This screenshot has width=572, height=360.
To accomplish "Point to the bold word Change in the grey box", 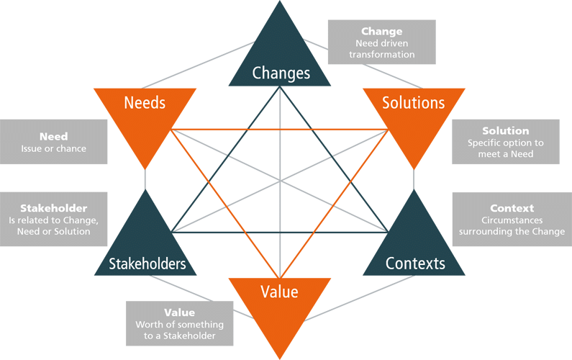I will [x=381, y=32].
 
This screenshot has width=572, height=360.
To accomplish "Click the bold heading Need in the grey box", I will [x=54, y=137].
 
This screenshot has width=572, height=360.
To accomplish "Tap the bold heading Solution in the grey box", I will [x=506, y=131].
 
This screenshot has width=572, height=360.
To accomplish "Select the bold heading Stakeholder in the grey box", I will [x=54, y=208].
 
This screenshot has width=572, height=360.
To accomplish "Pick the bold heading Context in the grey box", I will [x=512, y=208].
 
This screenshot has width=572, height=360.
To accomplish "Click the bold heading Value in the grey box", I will [x=179, y=312].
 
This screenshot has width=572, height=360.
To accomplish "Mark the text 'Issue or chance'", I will [x=54, y=148].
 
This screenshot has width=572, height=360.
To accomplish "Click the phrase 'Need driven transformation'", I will [x=381, y=48].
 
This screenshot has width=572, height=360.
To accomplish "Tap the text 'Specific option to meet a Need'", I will [x=506, y=148].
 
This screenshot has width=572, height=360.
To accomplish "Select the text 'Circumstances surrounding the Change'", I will [x=512, y=226].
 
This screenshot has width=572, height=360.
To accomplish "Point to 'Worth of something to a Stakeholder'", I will [x=179, y=330].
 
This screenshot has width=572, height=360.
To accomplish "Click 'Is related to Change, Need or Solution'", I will [x=54, y=226].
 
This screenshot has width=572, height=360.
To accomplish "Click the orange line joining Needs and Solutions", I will [x=280, y=130].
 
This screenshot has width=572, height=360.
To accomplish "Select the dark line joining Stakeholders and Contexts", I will [x=280, y=233].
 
